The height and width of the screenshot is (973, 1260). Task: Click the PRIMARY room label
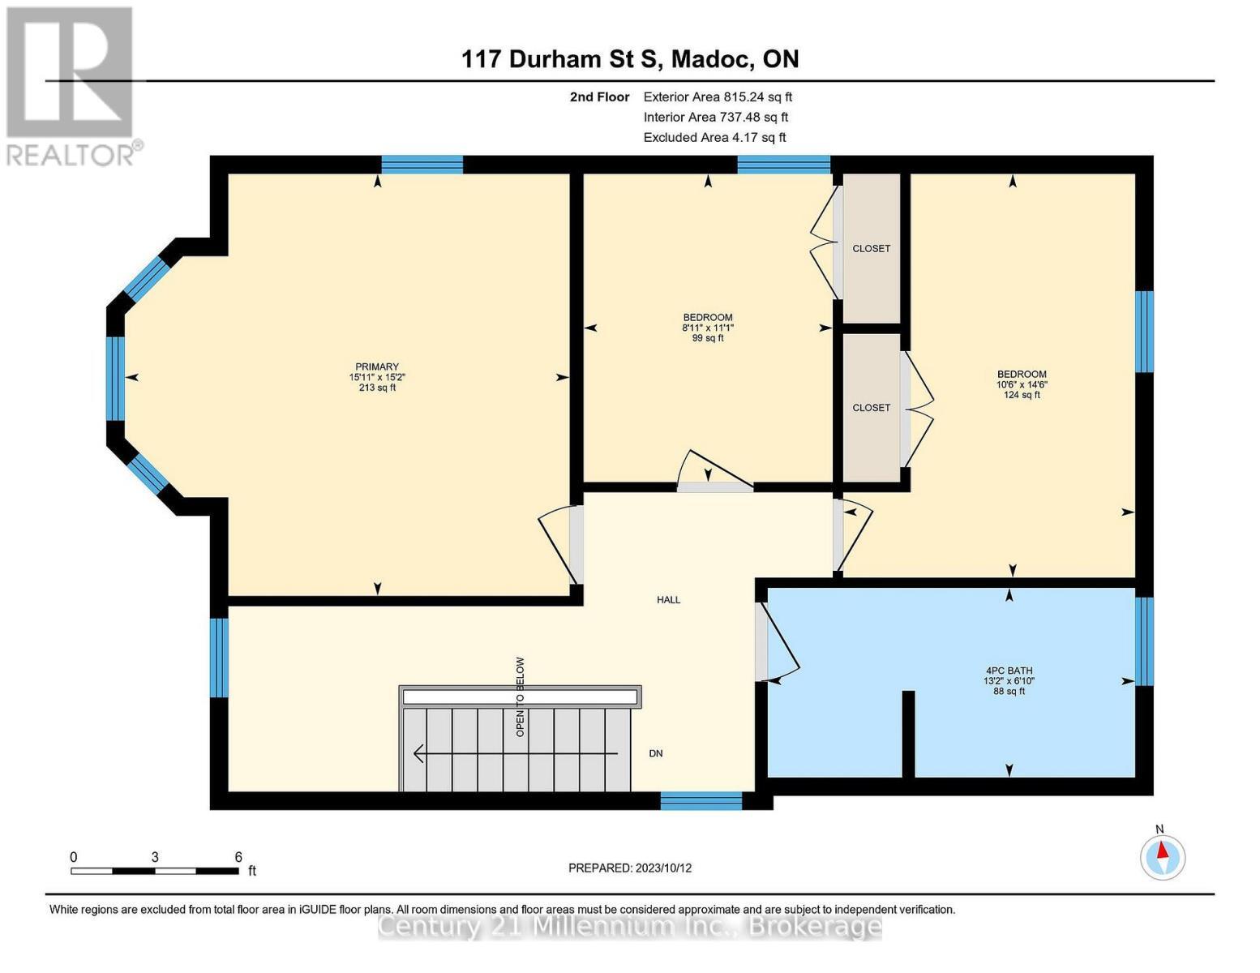coord(377,367)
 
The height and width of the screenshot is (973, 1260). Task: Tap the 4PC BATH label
coord(1009,671)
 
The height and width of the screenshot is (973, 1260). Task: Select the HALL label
coord(668,600)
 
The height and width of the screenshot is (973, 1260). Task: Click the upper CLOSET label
coord(871,249)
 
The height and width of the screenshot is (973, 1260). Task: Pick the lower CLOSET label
coord(871,408)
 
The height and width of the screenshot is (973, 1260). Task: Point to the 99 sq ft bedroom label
coord(707,328)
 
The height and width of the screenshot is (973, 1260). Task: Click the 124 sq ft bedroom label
coord(1021,384)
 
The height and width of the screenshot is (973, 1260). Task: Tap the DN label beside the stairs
coord(656,753)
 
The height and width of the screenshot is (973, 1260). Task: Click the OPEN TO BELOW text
coord(521,697)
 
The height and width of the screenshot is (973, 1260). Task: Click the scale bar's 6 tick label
coord(238,857)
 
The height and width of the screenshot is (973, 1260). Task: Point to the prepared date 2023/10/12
coord(630,868)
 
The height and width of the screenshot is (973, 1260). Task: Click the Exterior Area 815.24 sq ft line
coord(717,96)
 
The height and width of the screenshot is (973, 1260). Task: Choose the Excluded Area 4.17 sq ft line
coord(714,137)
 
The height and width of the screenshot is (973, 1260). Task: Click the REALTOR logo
coord(71,85)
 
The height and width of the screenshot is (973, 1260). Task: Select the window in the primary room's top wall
coord(422,165)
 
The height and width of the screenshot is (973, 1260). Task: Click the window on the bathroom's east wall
coord(1143,641)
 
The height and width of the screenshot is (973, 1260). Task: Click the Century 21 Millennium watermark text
coord(630,926)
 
